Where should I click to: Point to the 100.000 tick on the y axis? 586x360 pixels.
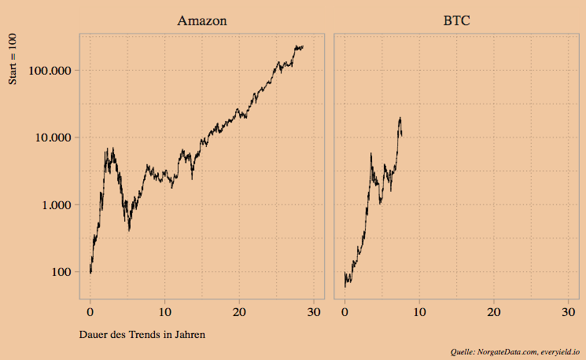tap(50, 70)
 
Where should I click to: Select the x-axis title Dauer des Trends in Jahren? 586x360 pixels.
tap(142, 335)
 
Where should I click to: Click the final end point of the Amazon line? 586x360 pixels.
tap(303, 47)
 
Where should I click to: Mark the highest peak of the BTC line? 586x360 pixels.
tap(400, 118)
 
